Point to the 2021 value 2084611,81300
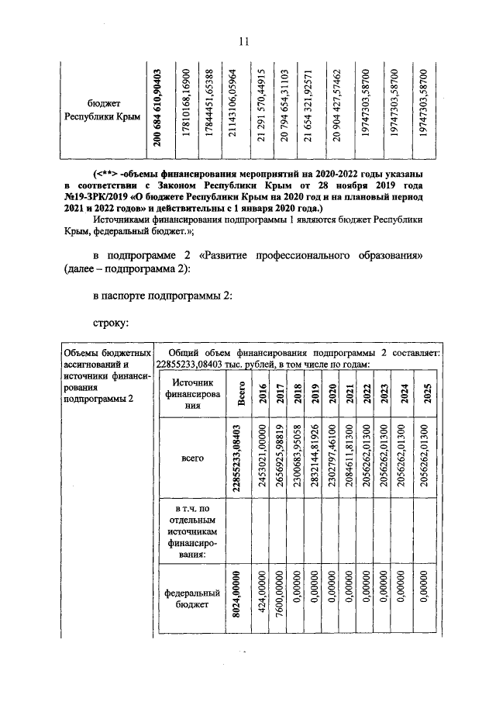(x=352, y=459)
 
